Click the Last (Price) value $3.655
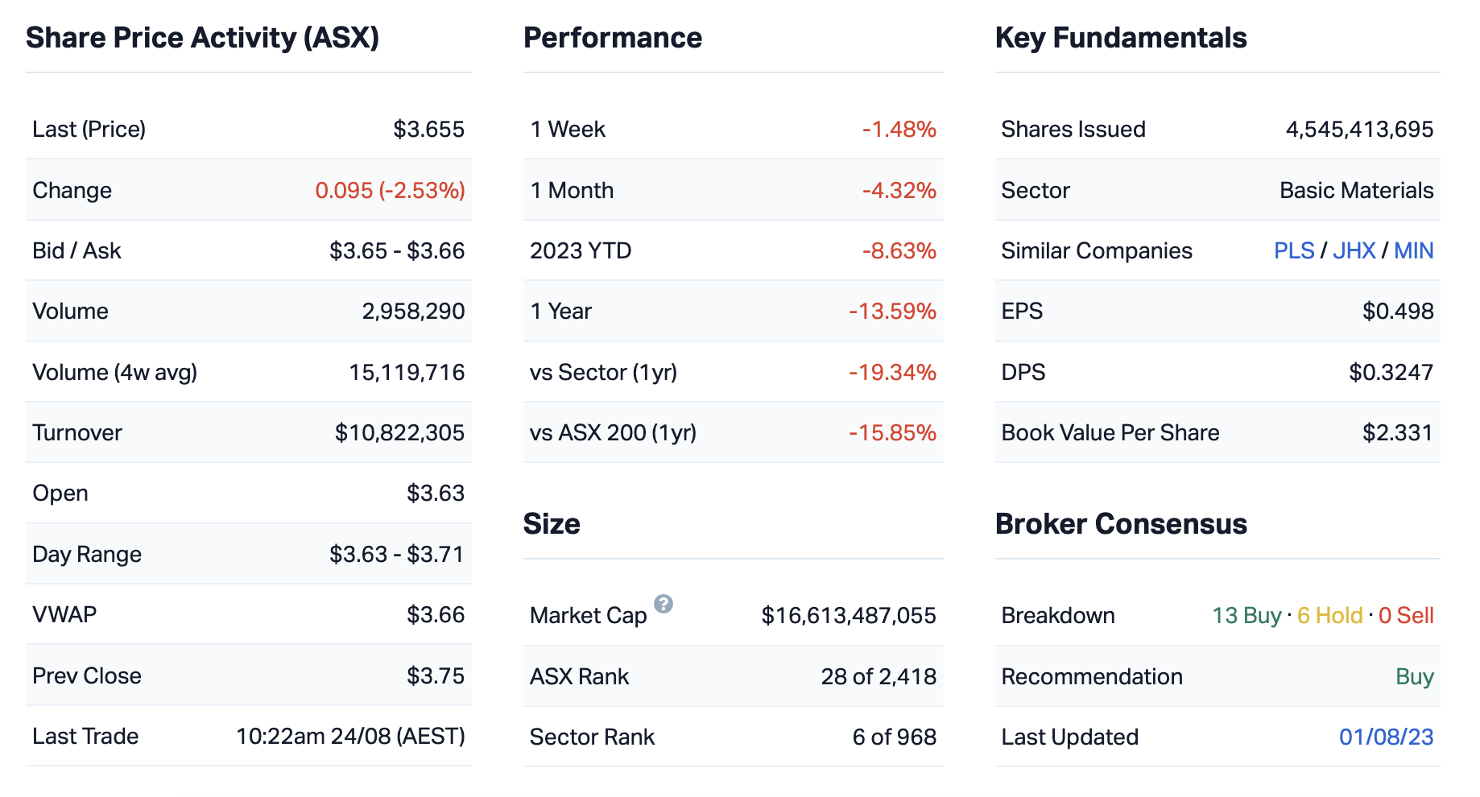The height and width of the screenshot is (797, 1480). point(428,130)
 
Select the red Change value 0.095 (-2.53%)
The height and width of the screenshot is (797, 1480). point(390,191)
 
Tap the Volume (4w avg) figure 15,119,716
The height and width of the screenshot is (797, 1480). point(407,373)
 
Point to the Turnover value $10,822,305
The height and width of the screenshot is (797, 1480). point(399,433)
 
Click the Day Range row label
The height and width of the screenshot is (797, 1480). point(87,555)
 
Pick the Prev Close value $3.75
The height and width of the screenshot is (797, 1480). point(435,676)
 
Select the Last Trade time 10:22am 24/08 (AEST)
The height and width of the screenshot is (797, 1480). point(350,737)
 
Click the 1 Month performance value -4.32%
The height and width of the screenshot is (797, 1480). point(899,191)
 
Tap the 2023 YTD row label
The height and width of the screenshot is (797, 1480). point(581,251)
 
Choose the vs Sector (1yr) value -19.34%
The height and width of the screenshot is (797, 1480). point(892,373)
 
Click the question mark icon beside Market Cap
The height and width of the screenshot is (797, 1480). point(664,604)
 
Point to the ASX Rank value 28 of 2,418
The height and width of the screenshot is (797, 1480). point(878,677)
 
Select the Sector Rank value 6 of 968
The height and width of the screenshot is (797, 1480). point(894,737)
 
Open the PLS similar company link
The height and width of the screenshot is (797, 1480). point(1294,251)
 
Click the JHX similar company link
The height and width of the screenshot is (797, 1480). point(1354,251)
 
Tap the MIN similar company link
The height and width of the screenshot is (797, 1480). point(1414,251)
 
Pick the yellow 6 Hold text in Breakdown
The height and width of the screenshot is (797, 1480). point(1330,616)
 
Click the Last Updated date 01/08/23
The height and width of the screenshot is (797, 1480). point(1386,737)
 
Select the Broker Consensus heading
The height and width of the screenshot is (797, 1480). point(1121,524)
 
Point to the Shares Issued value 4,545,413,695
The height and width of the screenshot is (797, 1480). point(1359,130)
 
